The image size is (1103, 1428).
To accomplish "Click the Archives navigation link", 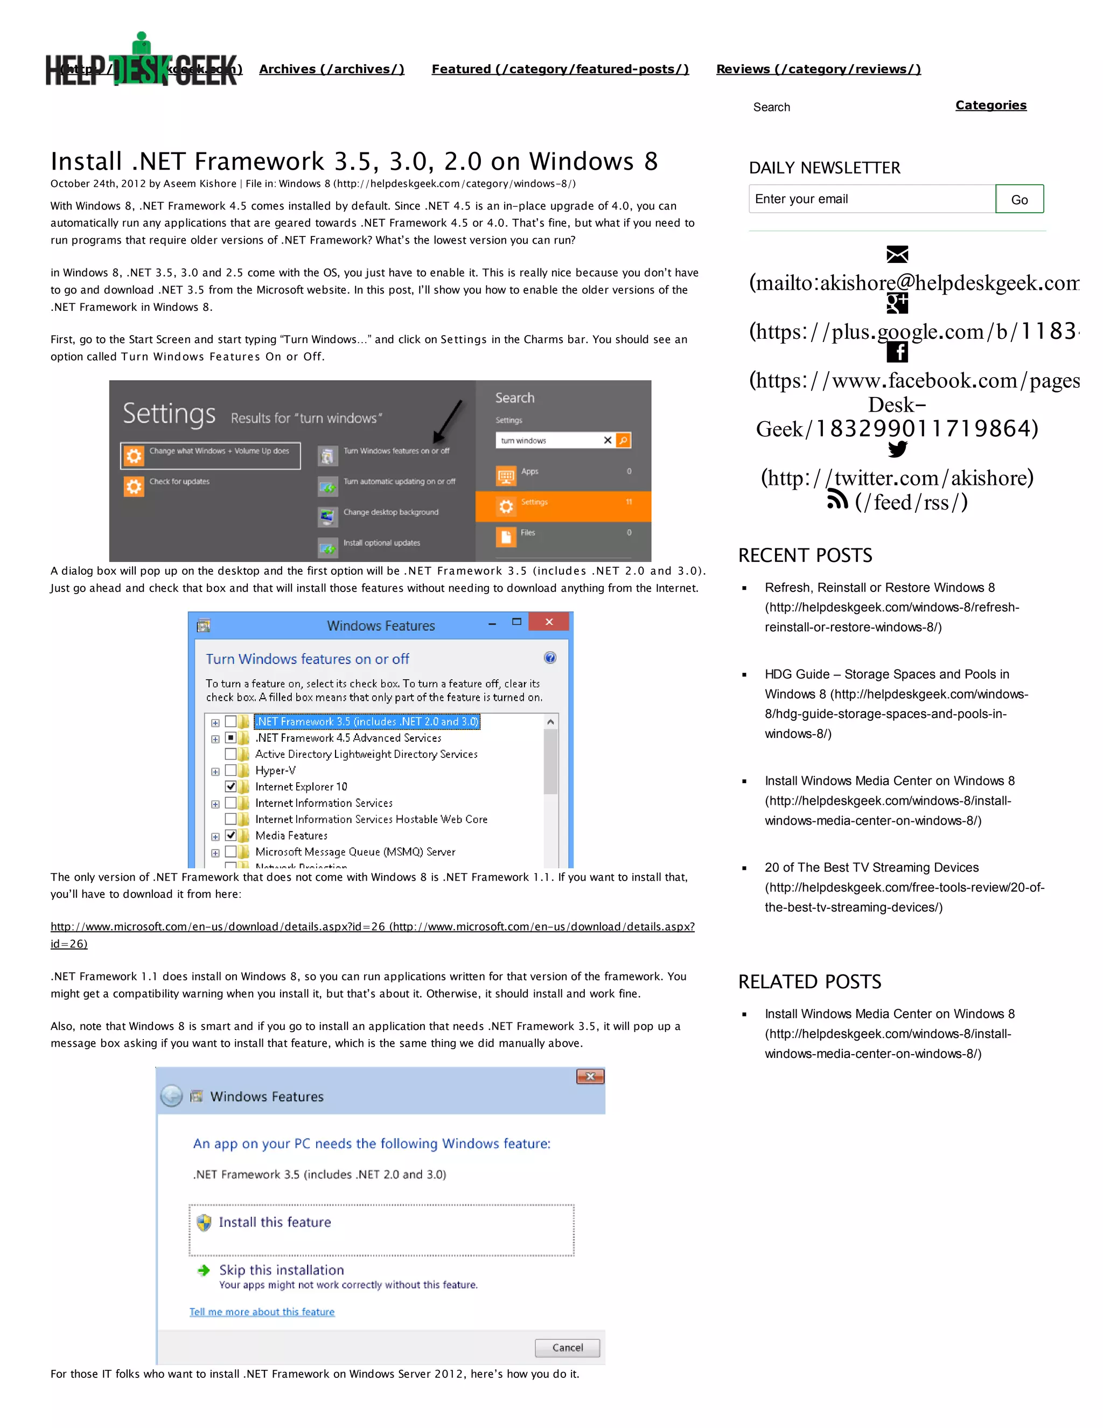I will pyautogui.click(x=331, y=69).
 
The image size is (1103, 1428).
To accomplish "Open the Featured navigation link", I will pyautogui.click(x=560, y=69).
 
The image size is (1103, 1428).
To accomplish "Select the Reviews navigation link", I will pyautogui.click(x=818, y=69).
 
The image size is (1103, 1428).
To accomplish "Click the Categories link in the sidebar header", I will pyautogui.click(x=990, y=105).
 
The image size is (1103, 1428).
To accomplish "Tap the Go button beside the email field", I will pyautogui.click(x=1018, y=199).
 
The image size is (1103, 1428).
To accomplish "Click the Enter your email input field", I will pyautogui.click(x=871, y=199).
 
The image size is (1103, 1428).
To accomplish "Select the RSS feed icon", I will pyautogui.click(x=836, y=501).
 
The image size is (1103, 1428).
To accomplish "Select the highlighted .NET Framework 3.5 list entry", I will pyautogui.click(x=366, y=722).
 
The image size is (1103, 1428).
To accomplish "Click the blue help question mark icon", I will pyautogui.click(x=550, y=658).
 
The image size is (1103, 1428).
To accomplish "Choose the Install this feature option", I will pyautogui.click(x=275, y=1223).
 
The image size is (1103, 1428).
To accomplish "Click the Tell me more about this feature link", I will pyautogui.click(x=262, y=1312).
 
